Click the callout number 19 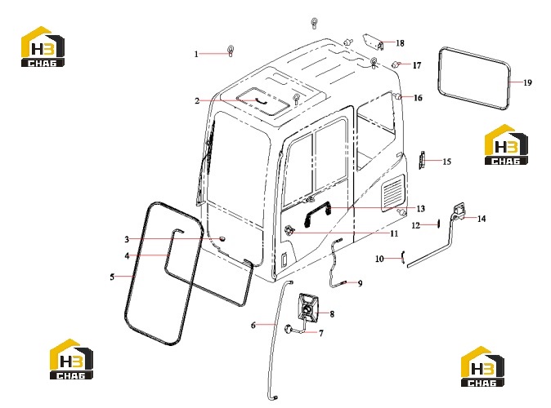point(527,82)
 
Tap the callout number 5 point(112,277)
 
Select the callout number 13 point(421,209)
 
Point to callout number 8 point(332,313)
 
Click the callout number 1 point(196,54)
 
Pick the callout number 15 point(446,162)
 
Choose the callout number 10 point(379,259)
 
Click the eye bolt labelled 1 point(231,51)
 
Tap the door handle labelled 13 point(317,213)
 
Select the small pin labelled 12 point(438,224)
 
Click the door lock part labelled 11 point(289,230)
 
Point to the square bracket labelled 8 point(308,307)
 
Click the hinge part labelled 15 point(422,160)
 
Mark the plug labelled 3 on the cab point(222,239)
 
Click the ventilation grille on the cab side point(393,192)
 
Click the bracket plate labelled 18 point(372,42)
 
